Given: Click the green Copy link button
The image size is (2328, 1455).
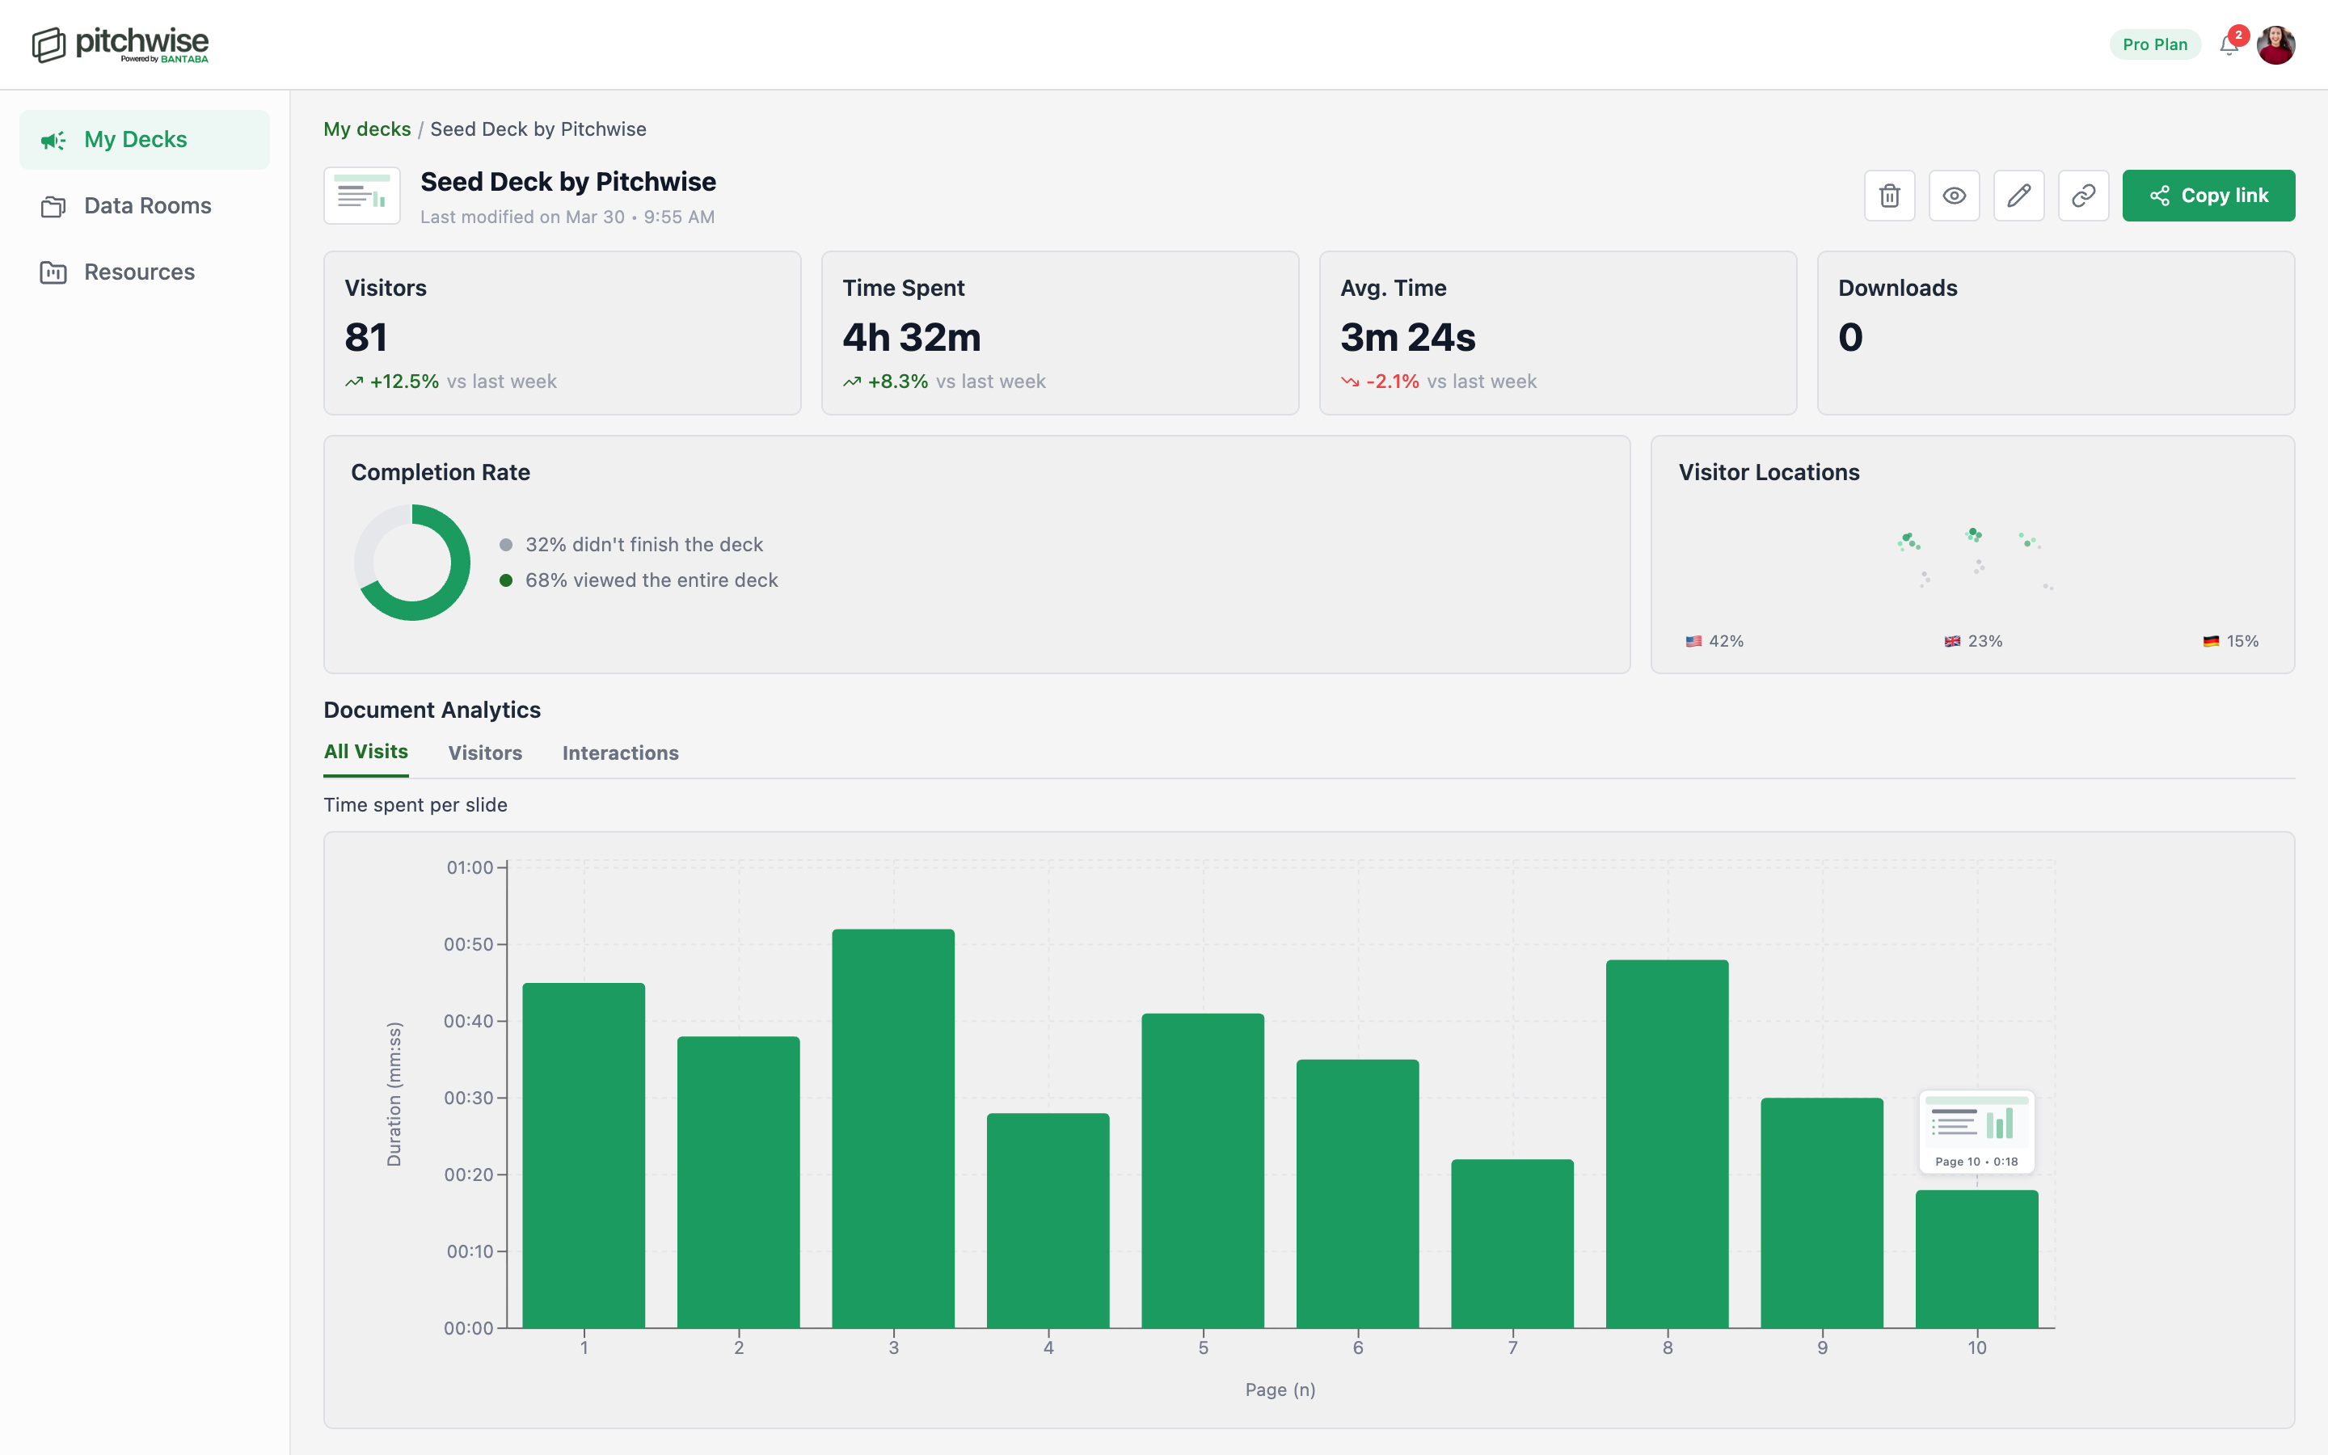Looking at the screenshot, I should tap(2208, 196).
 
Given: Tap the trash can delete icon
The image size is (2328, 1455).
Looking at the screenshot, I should tap(1889, 196).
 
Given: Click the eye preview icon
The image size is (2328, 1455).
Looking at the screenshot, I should tap(1954, 196).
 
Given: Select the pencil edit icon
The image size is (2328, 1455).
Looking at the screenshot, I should tap(2018, 196).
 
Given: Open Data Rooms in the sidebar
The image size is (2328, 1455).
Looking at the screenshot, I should tap(146, 206).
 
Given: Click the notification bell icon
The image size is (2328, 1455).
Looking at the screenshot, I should tap(2228, 44).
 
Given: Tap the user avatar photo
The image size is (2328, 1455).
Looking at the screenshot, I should tap(2276, 44).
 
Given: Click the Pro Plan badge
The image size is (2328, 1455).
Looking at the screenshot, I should tap(2154, 44).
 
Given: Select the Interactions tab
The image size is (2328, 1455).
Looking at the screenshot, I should tap(621, 753).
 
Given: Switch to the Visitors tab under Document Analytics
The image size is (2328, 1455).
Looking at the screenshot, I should tap(485, 753).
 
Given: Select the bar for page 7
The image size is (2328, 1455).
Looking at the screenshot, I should tap(1512, 1243).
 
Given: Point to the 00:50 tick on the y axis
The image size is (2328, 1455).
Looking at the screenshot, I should tap(469, 944).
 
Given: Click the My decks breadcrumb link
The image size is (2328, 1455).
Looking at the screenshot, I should tap(366, 129).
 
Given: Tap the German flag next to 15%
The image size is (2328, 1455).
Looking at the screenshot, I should tap(2211, 642).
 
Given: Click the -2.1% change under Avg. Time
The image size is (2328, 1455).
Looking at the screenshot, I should tap(1391, 381).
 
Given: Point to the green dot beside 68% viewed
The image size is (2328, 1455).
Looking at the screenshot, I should tap(506, 580).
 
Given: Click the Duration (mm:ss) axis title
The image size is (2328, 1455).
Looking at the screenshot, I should tap(394, 1094).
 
